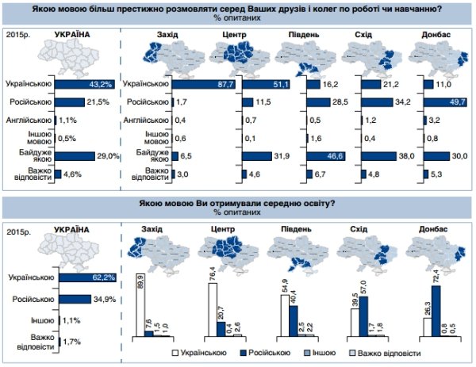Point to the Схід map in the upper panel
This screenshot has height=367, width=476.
[x=375, y=56]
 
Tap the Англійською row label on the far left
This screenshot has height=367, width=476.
[x=29, y=120]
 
